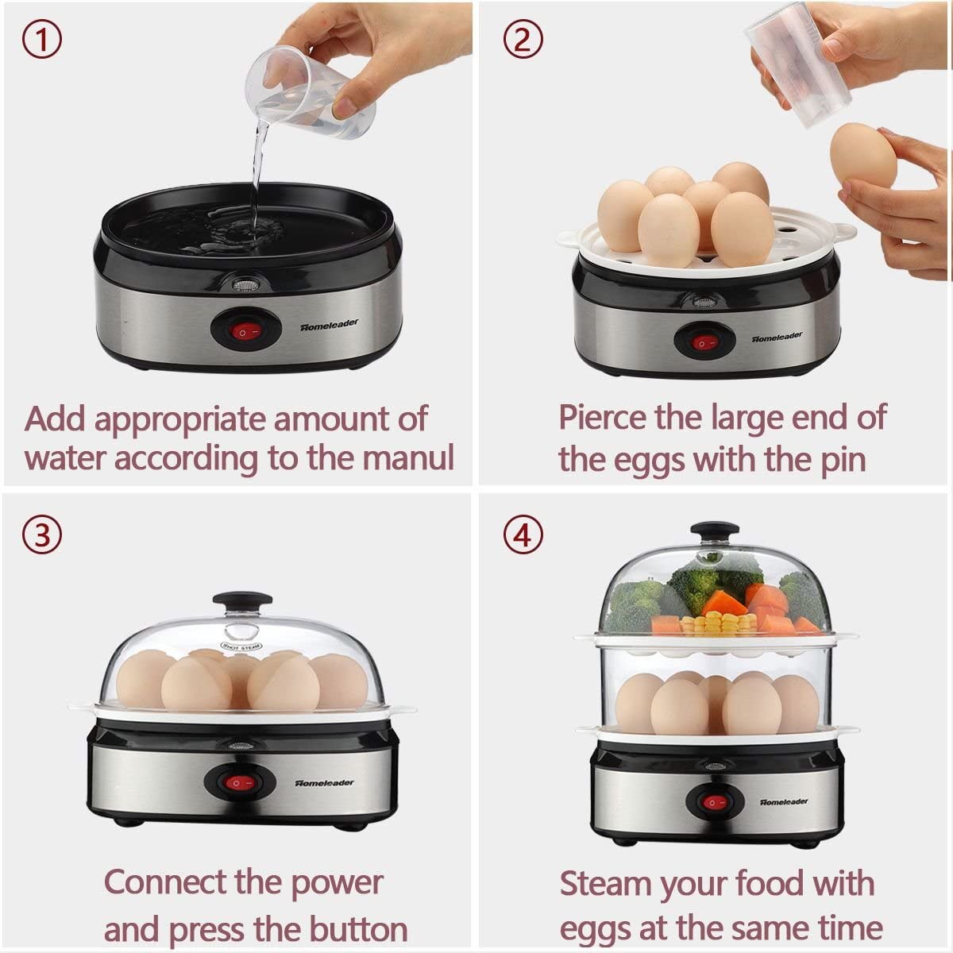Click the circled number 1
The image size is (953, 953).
point(42,39)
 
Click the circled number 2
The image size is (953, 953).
point(523,39)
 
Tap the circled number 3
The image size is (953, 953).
point(42,535)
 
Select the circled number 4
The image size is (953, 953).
point(523,535)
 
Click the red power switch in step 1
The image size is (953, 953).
point(245,332)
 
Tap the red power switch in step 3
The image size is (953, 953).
point(239,783)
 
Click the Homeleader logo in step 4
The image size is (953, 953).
point(783,801)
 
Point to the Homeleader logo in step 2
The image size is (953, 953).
point(777,337)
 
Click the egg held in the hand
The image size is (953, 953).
point(863,155)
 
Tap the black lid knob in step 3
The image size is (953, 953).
point(242,602)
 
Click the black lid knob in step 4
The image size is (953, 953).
point(715,532)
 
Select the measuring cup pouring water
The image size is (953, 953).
point(310,92)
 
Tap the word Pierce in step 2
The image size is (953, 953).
point(602,418)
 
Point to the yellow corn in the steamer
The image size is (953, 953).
point(717,623)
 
